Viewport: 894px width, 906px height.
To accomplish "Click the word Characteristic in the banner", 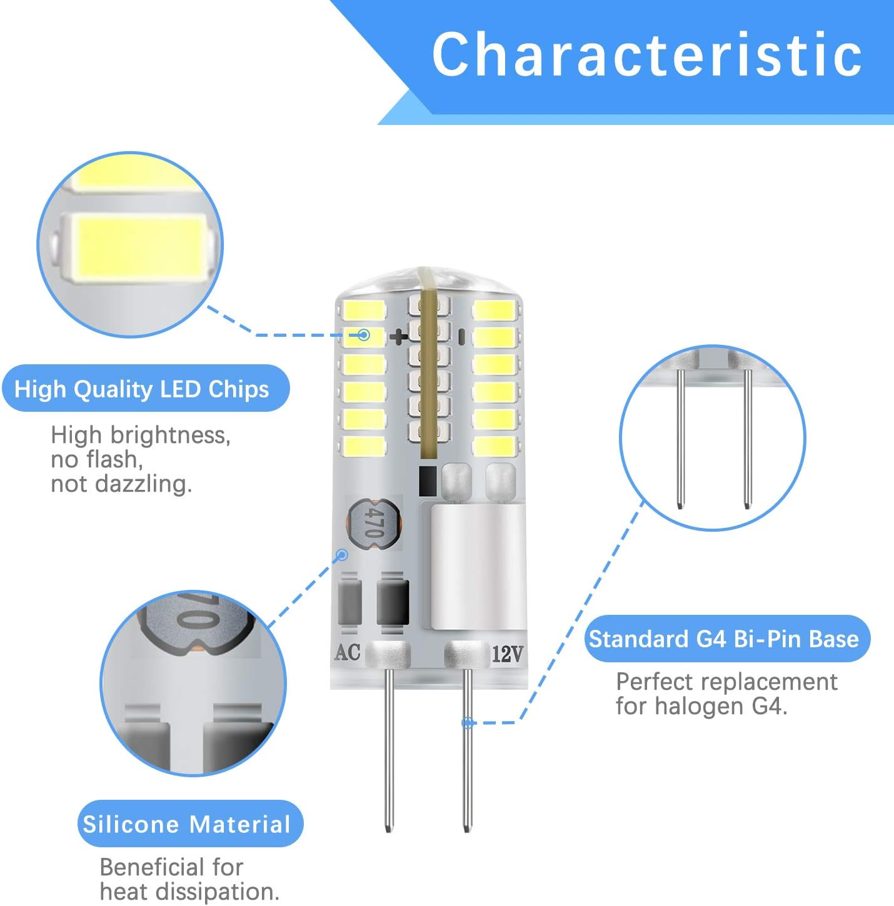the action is [647, 54].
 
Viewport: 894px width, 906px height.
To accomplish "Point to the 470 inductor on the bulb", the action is [374, 522].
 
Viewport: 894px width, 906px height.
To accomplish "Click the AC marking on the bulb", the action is [347, 652].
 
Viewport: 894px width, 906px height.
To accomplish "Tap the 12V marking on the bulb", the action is [507, 653].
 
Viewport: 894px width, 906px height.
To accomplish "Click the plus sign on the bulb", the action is [398, 336].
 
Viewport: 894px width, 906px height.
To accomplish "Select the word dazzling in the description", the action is [144, 484].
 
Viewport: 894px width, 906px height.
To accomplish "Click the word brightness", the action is [170, 436].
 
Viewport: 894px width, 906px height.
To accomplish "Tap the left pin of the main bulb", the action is [389, 750].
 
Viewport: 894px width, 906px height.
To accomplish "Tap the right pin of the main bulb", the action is [467, 750].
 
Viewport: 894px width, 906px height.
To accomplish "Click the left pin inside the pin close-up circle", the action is [680, 439].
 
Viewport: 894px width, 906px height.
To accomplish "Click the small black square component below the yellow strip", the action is [427, 480].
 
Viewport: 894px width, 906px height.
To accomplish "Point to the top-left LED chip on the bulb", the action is [364, 309].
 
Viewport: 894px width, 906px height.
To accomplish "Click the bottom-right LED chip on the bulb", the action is [495, 446].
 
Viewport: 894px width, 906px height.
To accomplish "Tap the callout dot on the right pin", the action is [467, 722].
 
